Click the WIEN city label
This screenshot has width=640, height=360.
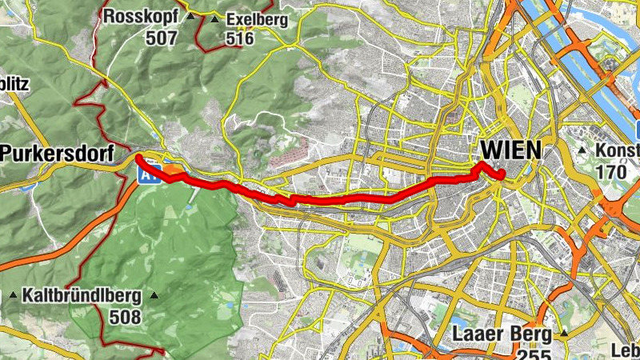coord(510,150)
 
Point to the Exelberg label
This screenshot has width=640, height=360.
coord(251,19)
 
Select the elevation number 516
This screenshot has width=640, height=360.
coord(239,38)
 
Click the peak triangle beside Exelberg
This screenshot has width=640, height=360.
coord(214,18)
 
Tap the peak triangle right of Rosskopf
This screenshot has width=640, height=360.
coord(190,16)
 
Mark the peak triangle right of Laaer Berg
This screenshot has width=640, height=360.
coord(564,333)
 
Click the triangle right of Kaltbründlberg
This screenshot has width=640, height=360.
coord(155,295)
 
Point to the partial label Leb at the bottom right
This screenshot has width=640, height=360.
coord(626,350)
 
